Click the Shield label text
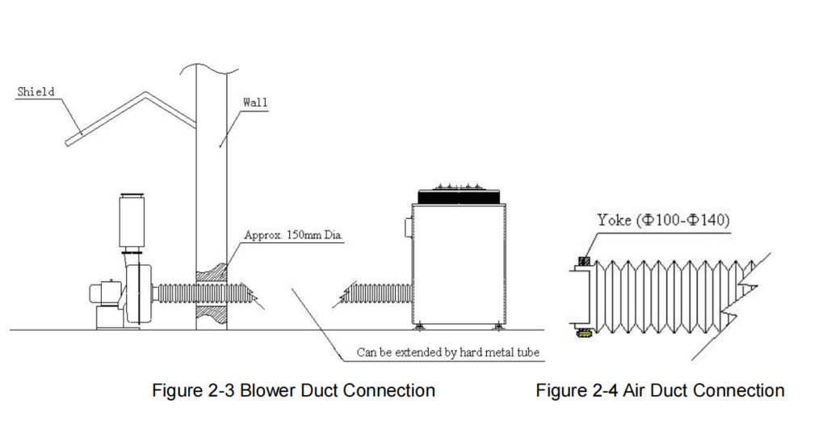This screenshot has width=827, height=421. click(x=36, y=92)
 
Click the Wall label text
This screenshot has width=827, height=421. click(x=255, y=103)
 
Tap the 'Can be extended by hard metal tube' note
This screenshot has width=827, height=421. click(x=447, y=353)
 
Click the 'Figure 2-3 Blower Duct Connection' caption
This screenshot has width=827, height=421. click(x=294, y=391)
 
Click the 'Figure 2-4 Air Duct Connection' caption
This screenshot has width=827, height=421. click(x=660, y=391)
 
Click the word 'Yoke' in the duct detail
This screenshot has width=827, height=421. click(x=613, y=221)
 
